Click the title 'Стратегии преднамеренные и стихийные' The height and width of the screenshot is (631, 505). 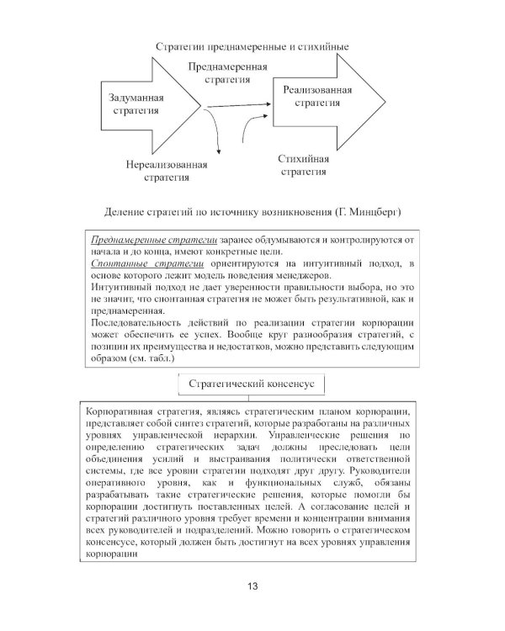tap(252, 46)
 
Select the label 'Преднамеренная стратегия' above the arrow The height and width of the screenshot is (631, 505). tap(228, 73)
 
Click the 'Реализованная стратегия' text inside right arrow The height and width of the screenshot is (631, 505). tap(316, 95)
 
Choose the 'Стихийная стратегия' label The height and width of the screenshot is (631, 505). tap(303, 165)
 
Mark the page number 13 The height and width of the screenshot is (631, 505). tap(252, 586)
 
